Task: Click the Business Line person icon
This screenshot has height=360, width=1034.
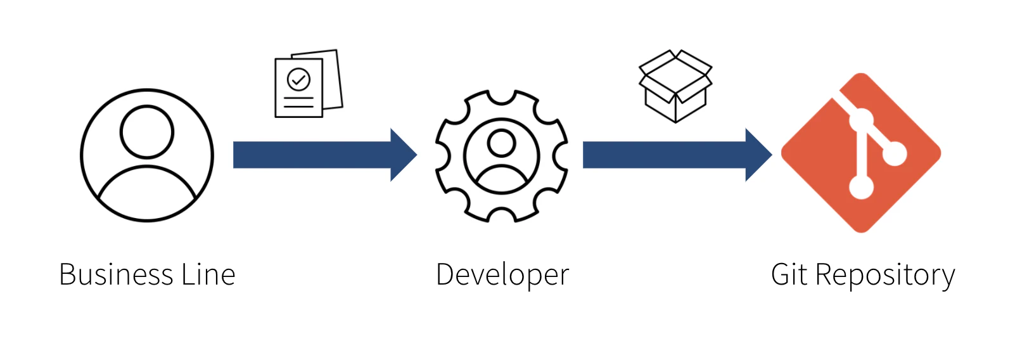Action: tap(147, 155)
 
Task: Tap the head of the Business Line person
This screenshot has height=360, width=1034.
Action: tap(147, 132)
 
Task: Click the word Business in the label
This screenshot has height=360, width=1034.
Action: tap(116, 275)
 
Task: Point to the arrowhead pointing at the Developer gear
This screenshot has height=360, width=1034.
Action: tap(403, 155)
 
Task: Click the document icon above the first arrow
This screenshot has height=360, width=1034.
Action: tap(308, 84)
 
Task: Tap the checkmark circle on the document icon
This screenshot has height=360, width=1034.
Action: tap(298, 80)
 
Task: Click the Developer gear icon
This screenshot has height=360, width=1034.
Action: tap(502, 156)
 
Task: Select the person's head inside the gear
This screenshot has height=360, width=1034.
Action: tap(502, 143)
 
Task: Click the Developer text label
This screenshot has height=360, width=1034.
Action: tap(502, 275)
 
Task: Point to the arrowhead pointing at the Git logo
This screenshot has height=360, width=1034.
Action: tap(758, 155)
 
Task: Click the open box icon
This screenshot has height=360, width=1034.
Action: tap(675, 86)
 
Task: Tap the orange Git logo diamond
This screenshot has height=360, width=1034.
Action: tap(860, 153)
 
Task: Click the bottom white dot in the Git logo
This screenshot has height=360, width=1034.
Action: tap(861, 186)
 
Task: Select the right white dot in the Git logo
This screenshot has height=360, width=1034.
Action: tap(895, 153)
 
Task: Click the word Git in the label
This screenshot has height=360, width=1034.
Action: tap(789, 275)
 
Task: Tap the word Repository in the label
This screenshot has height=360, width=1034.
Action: tap(885, 275)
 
